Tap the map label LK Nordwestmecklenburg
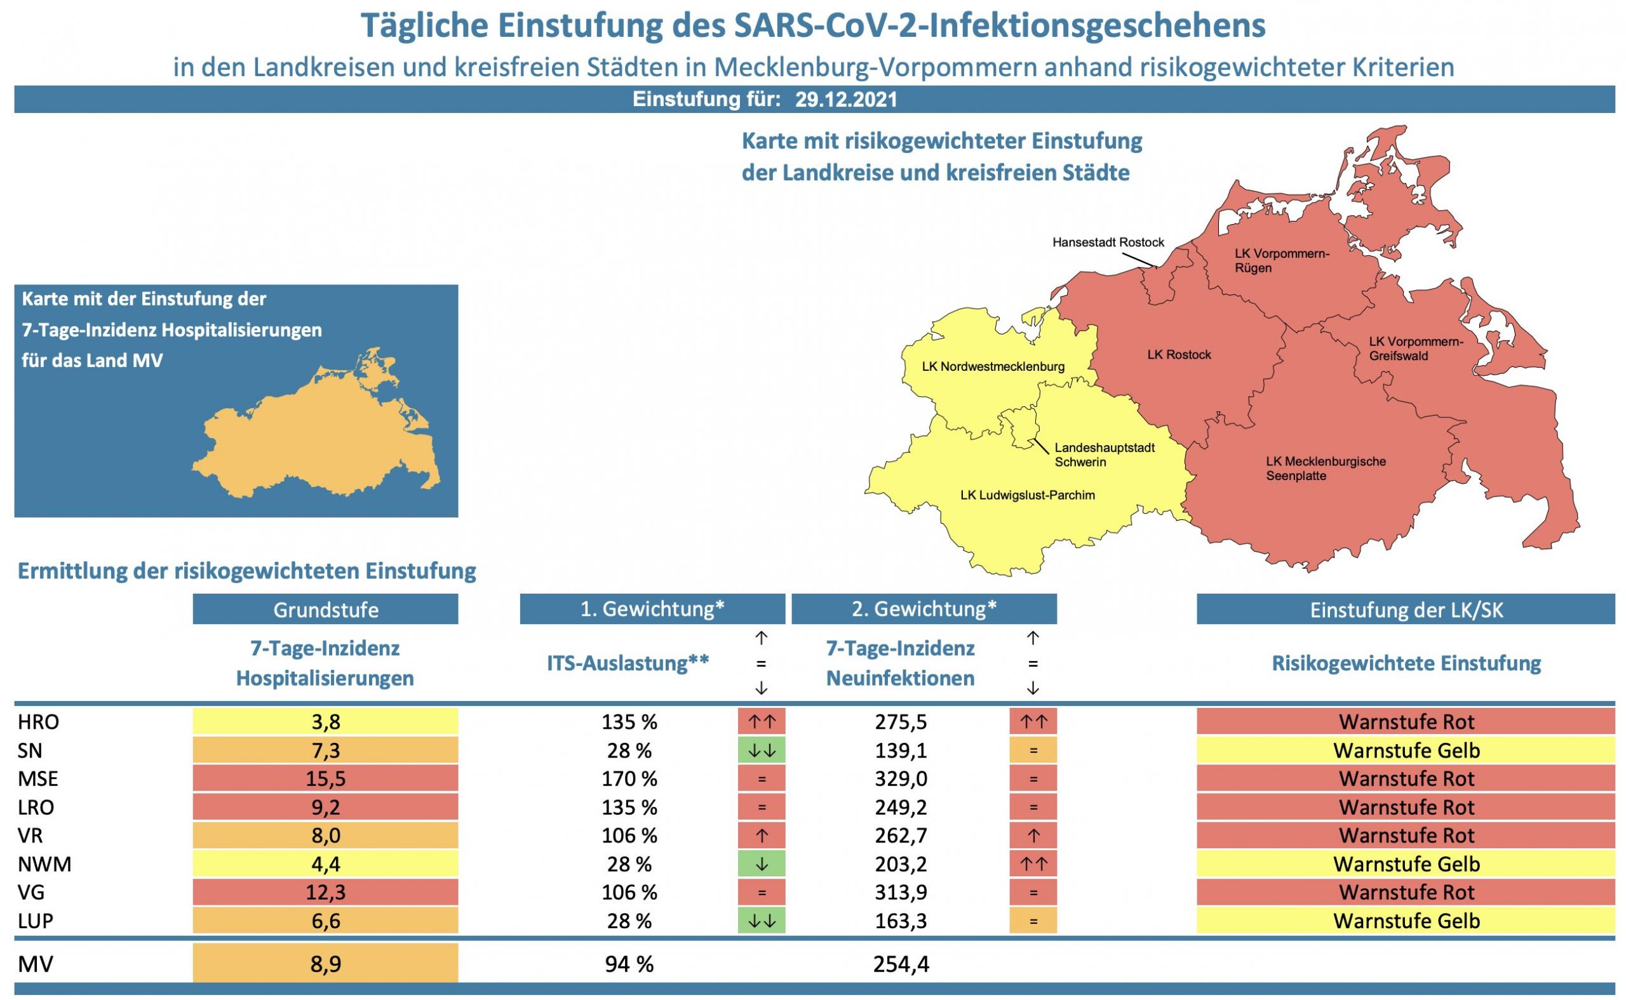pyautogui.click(x=993, y=366)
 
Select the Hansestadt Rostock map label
pyautogui.click(x=1108, y=243)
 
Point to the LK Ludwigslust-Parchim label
pyautogui.click(x=1027, y=495)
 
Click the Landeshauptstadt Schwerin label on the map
pyautogui.click(x=1104, y=455)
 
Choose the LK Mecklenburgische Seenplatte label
pyautogui.click(x=1325, y=469)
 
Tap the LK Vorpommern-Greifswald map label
pyautogui.click(x=1416, y=349)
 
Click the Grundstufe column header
pyautogui.click(x=325, y=610)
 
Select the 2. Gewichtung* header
pyautogui.click(x=924, y=609)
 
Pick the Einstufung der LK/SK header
pyautogui.click(x=1406, y=610)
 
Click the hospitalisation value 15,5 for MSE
pyautogui.click(x=325, y=778)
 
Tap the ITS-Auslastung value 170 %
pyautogui.click(x=629, y=778)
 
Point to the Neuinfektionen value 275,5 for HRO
pyautogui.click(x=900, y=721)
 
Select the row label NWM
pyautogui.click(x=44, y=863)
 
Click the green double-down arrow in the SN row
pyautogui.click(x=762, y=750)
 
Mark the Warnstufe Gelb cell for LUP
pyautogui.click(x=1406, y=921)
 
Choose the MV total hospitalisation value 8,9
pyautogui.click(x=325, y=964)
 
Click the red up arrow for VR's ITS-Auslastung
pyautogui.click(x=762, y=836)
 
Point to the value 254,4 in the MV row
pyautogui.click(x=900, y=964)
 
